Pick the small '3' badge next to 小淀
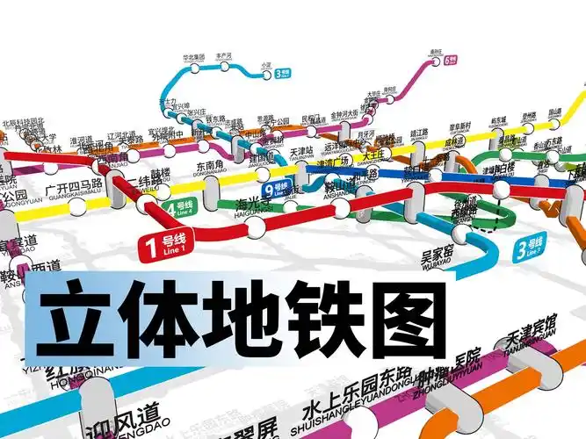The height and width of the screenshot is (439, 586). [283, 76]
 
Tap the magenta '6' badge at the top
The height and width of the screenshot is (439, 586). [451, 61]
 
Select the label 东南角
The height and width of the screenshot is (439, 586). [213, 167]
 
